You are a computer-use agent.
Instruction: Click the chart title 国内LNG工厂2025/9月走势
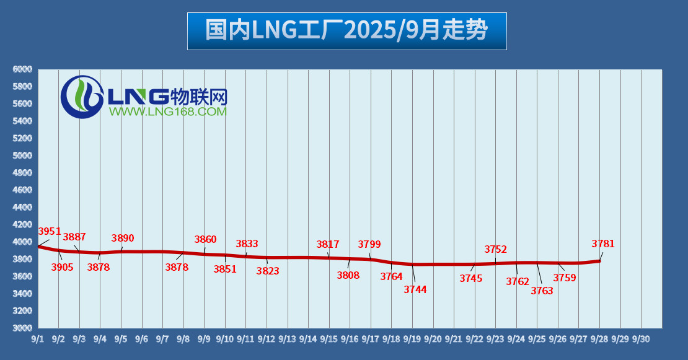[x=346, y=30]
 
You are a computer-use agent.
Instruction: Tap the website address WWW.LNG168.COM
[x=167, y=112]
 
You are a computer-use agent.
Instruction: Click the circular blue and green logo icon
[x=82, y=97]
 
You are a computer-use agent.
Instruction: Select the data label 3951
[x=50, y=232]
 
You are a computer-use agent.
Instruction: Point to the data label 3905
[x=62, y=268]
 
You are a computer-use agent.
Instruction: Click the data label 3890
[x=123, y=239]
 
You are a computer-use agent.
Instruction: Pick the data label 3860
[x=205, y=240]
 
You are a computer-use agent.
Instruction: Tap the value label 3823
[x=268, y=271]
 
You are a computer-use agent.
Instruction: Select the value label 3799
[x=369, y=244]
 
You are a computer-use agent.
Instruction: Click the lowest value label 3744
[x=415, y=289]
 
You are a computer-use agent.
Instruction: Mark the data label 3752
[x=496, y=250]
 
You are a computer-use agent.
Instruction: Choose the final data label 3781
[x=603, y=244]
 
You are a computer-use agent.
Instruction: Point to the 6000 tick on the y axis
[x=22, y=69]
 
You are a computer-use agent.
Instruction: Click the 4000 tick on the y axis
[x=22, y=242]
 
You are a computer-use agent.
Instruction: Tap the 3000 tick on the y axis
[x=22, y=328]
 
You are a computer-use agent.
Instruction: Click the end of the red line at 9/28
[x=599, y=260]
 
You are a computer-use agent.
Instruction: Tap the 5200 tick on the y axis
[x=22, y=138]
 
